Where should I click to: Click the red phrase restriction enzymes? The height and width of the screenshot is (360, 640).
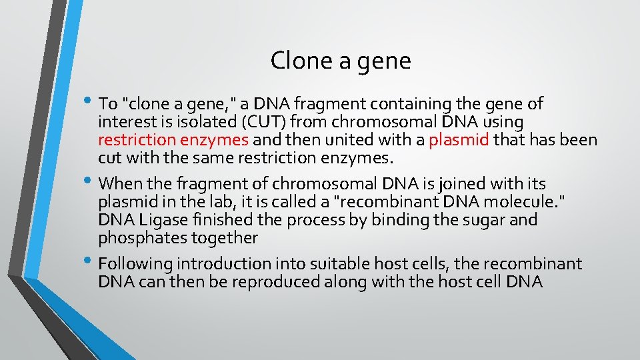(173, 140)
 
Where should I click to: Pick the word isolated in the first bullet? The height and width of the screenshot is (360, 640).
(193, 122)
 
